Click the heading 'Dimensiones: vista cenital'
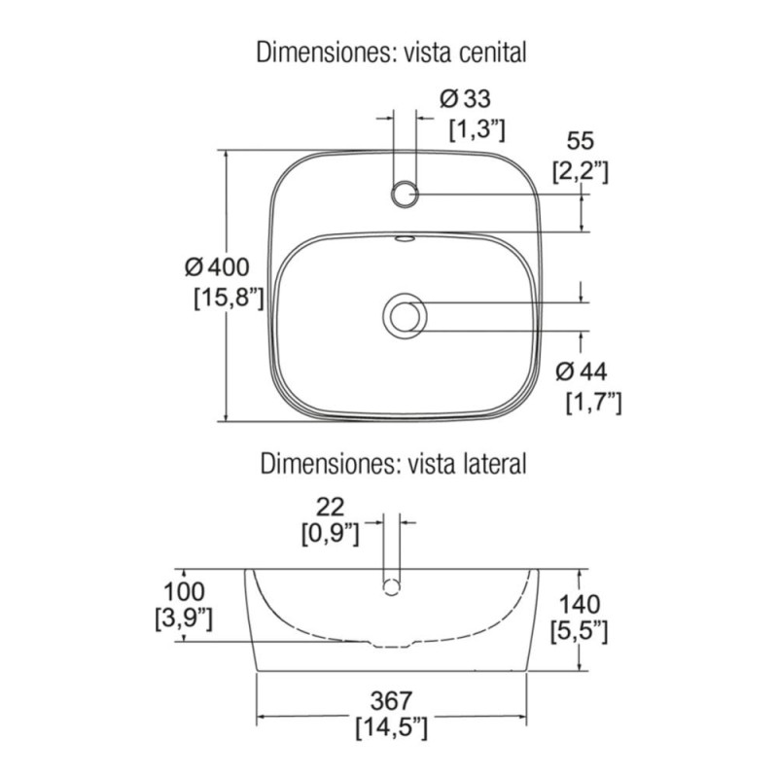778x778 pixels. (x=391, y=53)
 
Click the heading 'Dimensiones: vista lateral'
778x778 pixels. (x=393, y=464)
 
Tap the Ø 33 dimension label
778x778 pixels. (x=465, y=98)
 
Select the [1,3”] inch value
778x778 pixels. (x=477, y=129)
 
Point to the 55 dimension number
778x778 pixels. (x=580, y=141)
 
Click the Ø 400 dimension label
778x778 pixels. (x=217, y=267)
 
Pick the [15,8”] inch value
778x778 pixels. (x=229, y=299)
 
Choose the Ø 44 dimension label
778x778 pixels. (x=581, y=371)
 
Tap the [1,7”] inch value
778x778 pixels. (x=593, y=402)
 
